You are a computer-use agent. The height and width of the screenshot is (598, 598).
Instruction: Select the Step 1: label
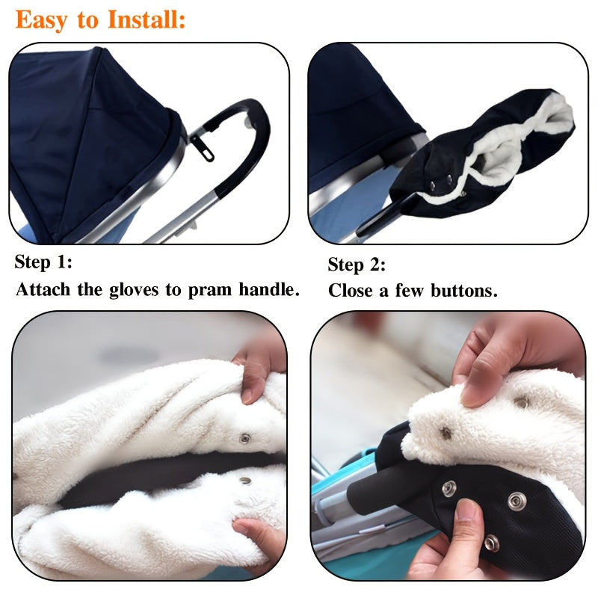pos(43,262)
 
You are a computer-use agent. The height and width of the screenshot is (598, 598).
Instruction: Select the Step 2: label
pos(357,265)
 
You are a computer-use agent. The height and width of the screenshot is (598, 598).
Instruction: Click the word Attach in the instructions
pos(44,290)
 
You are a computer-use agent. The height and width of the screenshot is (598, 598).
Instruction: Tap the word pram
pos(213,291)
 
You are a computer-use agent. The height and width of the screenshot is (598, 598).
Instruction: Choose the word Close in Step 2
pos(351,291)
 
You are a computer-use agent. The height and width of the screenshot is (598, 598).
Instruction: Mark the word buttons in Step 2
pos(463,291)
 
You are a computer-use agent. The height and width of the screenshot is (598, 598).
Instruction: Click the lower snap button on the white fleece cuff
pos(245,481)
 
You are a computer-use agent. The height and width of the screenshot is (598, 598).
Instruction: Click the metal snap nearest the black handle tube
pos(449,489)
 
